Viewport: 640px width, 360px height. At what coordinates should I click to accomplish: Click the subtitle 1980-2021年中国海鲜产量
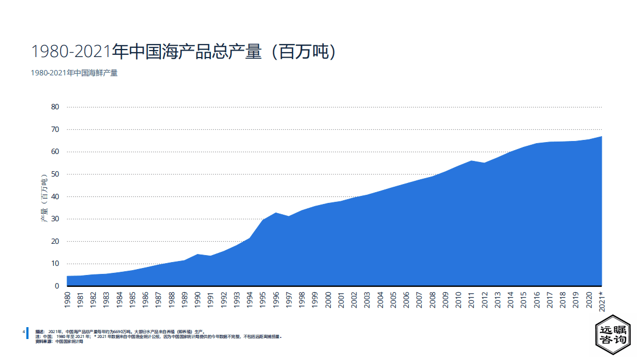[74, 73]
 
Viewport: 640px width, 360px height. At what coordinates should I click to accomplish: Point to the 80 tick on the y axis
[55, 107]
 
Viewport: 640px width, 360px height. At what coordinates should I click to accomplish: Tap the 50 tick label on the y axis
[55, 174]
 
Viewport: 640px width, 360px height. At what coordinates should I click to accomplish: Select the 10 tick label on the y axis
[55, 263]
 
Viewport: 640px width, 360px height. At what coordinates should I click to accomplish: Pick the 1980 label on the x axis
[67, 300]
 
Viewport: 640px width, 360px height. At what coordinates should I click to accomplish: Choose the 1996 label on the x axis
[276, 300]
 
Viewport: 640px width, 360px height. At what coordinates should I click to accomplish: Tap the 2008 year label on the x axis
[432, 300]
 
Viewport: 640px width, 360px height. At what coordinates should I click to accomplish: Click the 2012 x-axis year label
[485, 300]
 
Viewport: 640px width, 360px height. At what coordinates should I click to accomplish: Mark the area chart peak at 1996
[276, 213]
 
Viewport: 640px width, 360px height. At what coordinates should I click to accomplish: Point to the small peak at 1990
[197, 254]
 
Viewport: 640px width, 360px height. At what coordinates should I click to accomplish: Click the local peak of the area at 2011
[472, 160]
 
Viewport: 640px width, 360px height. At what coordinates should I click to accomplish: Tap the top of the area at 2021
[601, 136]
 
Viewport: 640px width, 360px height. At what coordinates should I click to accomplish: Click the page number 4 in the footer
[24, 332]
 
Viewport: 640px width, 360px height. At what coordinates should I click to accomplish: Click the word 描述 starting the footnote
[40, 332]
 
